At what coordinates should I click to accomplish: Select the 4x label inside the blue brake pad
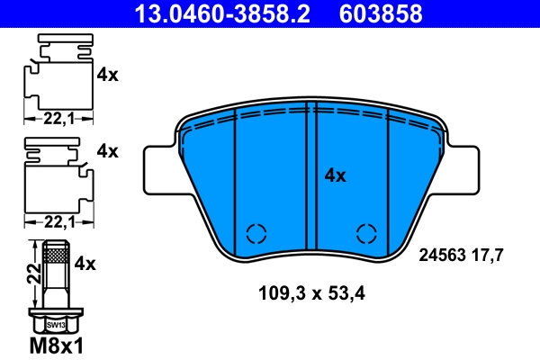[x=335, y=175]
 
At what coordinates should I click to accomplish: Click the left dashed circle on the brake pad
[x=256, y=233]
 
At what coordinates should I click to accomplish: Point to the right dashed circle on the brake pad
[x=366, y=233]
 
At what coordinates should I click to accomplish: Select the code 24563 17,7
[x=460, y=255]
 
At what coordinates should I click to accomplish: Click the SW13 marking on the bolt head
[x=55, y=324]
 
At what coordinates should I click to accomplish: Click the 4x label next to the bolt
[x=85, y=264]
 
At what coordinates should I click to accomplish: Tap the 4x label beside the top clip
[x=107, y=76]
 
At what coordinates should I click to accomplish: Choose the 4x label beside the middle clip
[x=107, y=151]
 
